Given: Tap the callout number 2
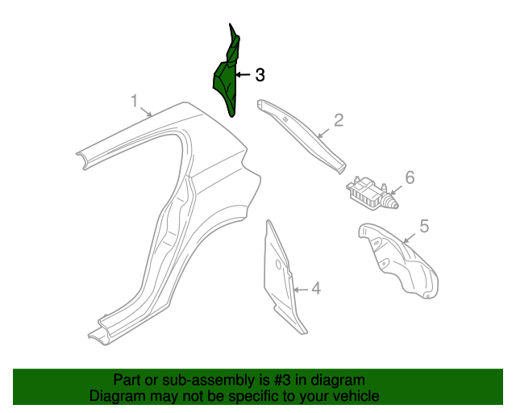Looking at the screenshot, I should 339,120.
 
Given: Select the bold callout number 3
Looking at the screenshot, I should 260,75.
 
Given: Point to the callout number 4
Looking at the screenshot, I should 316,288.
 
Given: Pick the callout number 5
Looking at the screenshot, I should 423,227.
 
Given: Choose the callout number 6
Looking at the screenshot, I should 410,177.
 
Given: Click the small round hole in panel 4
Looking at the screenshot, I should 278,263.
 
